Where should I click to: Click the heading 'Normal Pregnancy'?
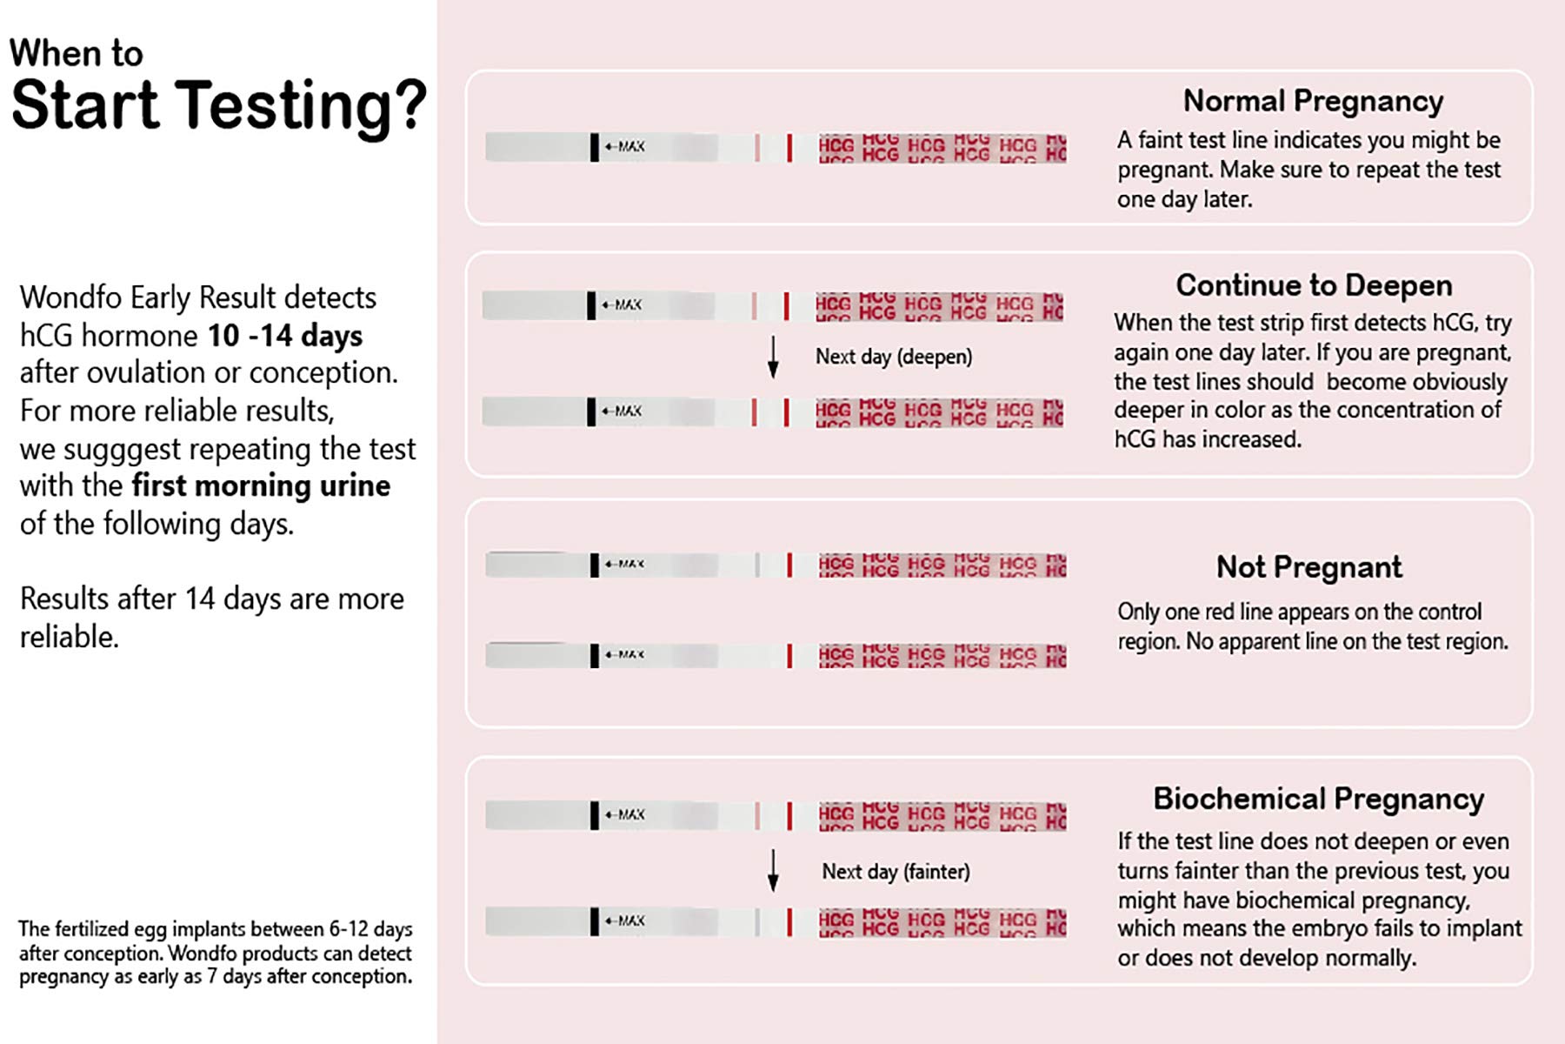(1313, 101)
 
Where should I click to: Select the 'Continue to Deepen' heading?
(1314, 285)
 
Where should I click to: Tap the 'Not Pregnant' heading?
(1309, 567)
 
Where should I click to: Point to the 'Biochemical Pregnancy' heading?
(1318, 799)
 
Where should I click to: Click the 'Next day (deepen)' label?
(893, 357)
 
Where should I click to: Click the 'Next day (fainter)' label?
(896, 872)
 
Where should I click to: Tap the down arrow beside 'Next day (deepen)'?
(773, 358)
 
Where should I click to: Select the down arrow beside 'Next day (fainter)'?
(773, 871)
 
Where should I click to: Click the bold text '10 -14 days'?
(284, 336)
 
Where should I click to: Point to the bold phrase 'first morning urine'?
(261, 485)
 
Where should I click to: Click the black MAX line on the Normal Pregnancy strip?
(595, 147)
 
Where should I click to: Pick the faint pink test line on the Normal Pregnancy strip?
(757, 147)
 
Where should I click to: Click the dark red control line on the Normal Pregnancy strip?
(789, 147)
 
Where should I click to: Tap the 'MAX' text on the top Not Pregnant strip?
(630, 565)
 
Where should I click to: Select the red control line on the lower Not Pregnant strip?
(789, 656)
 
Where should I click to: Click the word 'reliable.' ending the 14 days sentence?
(70, 637)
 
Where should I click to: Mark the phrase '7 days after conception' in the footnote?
(309, 976)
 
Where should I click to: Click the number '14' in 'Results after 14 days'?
(199, 599)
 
